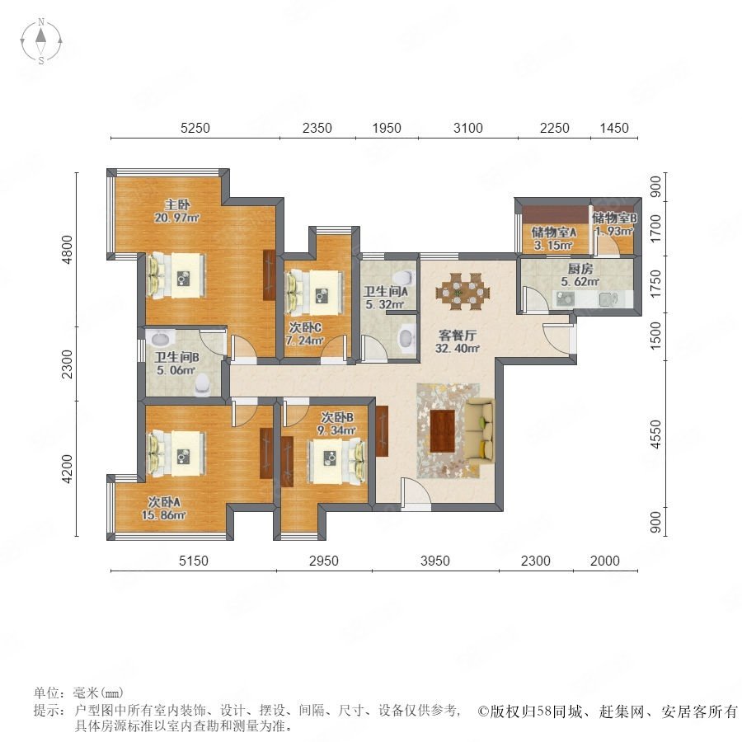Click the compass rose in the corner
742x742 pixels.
(41, 41)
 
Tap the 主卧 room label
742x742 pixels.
(177, 204)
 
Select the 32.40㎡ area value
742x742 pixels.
(457, 349)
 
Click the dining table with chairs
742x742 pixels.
(463, 291)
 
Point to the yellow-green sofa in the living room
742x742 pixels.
(480, 430)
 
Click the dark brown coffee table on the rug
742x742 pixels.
(443, 431)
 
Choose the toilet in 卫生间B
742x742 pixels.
(202, 384)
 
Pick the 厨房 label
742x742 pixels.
(580, 269)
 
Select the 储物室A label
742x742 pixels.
(553, 232)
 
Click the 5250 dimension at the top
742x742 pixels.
(195, 128)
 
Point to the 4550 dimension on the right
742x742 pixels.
(655, 434)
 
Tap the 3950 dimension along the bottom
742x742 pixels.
(434, 561)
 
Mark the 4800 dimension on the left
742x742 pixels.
(68, 249)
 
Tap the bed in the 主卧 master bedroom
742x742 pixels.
(177, 276)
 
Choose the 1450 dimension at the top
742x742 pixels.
(614, 128)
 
